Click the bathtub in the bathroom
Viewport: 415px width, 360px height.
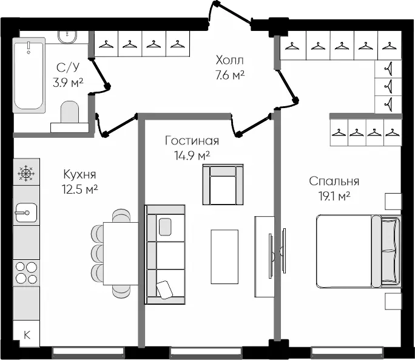(29, 74)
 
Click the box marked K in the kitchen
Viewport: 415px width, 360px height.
(26, 335)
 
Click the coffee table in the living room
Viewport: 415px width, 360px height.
(225, 256)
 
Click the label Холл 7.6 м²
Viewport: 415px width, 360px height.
(230, 67)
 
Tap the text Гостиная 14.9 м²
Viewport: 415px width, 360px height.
(192, 148)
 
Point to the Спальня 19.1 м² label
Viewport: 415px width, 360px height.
(334, 188)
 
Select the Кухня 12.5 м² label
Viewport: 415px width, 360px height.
(81, 181)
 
